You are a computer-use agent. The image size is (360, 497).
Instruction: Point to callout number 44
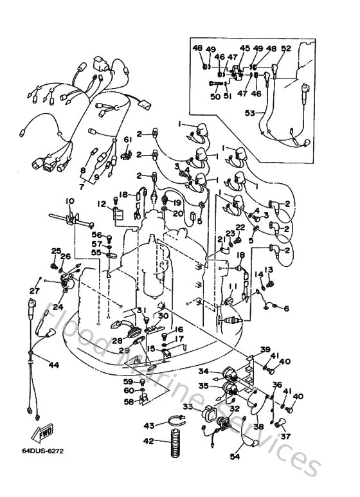(53, 365)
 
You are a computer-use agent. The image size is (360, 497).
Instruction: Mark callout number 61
(127, 139)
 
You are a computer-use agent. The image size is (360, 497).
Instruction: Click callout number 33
(188, 406)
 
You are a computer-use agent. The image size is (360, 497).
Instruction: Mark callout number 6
(286, 309)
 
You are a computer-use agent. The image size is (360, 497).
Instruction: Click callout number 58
(129, 402)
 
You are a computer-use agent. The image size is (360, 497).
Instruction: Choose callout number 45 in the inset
(245, 48)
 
